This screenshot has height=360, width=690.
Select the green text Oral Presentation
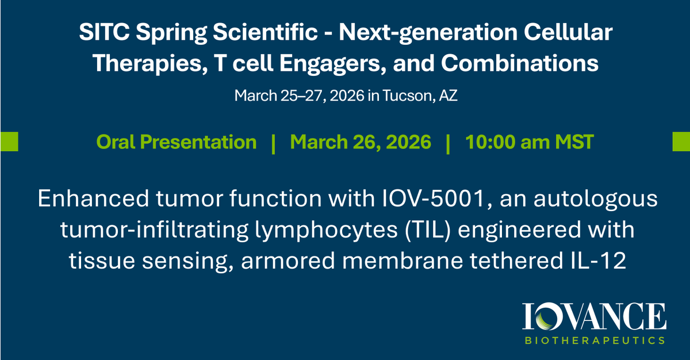pos(177,142)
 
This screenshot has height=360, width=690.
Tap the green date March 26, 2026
pos(361,142)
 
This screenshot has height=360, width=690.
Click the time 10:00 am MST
pos(530,142)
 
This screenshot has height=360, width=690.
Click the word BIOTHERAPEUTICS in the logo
pos(596,340)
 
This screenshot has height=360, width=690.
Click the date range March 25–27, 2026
pos(299,95)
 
